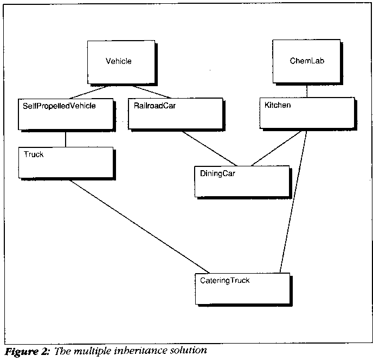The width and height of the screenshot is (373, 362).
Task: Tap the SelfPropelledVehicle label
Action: [x=60, y=106]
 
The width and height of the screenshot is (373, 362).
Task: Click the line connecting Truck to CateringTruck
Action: [x=138, y=226]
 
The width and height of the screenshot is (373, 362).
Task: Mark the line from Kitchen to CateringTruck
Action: [x=294, y=201]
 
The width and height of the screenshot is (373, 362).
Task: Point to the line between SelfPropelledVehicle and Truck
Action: [x=66, y=138]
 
